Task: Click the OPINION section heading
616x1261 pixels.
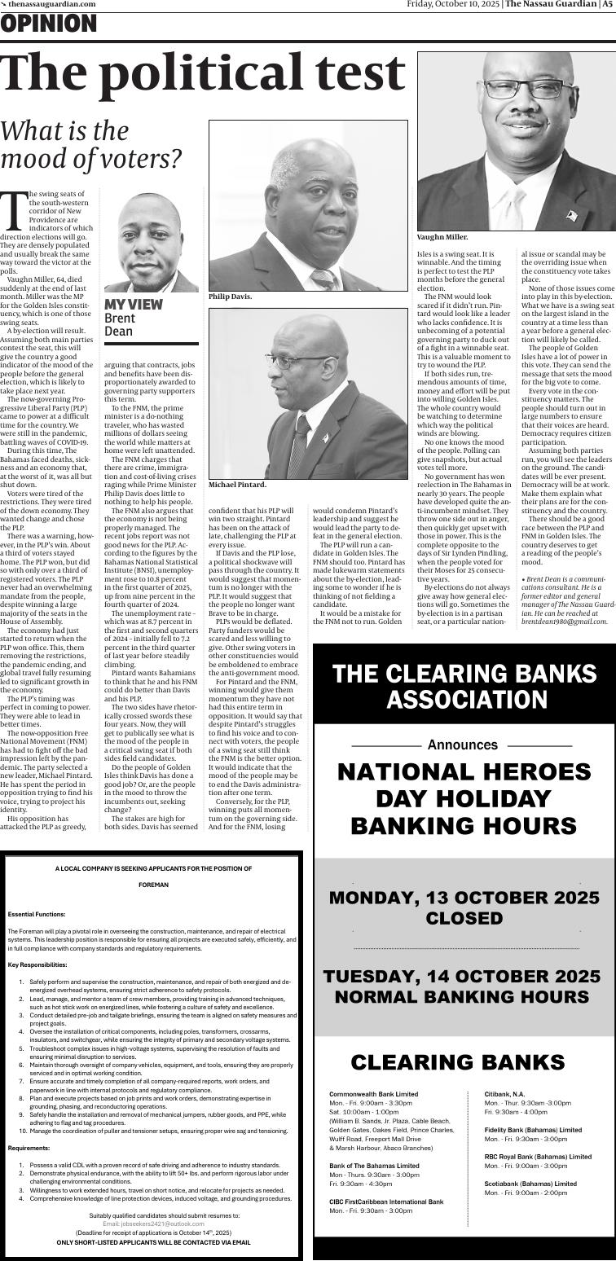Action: (49, 25)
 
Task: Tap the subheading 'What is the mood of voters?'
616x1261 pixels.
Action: (90, 144)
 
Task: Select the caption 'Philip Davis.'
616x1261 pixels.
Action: (230, 297)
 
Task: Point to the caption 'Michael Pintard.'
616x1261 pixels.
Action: (237, 485)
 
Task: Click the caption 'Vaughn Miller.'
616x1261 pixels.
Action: (442, 237)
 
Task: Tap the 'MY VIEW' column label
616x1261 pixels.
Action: (133, 305)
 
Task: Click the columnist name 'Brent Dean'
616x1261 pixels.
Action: (119, 325)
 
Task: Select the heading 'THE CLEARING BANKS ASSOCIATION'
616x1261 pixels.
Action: (464, 686)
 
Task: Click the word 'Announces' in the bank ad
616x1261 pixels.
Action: (462, 745)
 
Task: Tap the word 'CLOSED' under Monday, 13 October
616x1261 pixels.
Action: (464, 918)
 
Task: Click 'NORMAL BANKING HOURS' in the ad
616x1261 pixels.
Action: (464, 996)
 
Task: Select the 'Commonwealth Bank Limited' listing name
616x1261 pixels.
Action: (373, 1094)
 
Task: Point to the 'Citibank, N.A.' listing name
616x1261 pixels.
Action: (504, 1094)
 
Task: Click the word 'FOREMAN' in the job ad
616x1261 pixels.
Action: (153, 885)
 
